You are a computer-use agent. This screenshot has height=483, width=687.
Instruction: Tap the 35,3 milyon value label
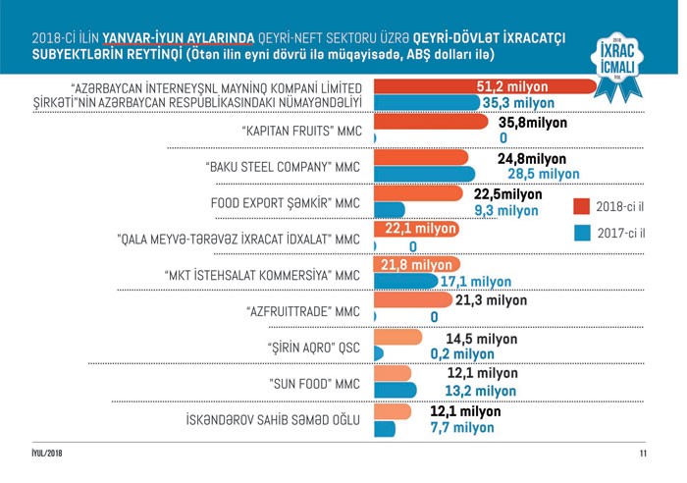[x=531, y=102]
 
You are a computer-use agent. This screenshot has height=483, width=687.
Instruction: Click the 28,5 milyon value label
[x=539, y=174]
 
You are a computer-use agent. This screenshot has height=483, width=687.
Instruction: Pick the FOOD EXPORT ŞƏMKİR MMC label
[x=286, y=203]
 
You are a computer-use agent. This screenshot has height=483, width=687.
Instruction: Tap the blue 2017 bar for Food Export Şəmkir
[x=390, y=210]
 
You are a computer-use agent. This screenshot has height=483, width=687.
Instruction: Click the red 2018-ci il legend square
[x=580, y=206]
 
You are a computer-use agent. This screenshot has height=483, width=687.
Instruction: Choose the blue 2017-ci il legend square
[x=580, y=234]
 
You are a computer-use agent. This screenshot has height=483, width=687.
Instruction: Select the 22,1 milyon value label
[x=416, y=229]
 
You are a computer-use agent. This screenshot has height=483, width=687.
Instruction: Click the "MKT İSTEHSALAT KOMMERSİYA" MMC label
[x=264, y=276]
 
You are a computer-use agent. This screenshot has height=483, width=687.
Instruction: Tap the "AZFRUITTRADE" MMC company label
[x=302, y=312]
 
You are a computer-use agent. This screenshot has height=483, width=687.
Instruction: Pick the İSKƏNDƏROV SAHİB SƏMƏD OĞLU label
[x=273, y=421]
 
